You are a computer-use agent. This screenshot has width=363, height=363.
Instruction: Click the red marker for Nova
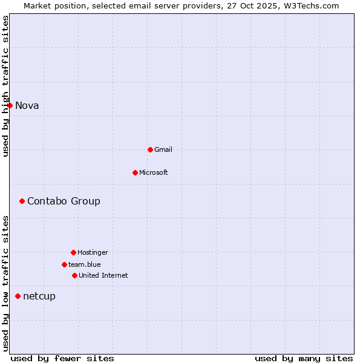click(10, 106)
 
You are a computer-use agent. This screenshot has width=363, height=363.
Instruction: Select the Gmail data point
click(150, 149)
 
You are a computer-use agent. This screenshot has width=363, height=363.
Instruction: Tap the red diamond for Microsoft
click(135, 172)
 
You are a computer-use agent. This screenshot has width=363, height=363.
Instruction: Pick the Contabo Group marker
click(22, 201)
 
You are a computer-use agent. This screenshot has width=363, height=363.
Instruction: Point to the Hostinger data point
click(73, 252)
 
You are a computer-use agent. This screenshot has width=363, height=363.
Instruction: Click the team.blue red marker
click(64, 264)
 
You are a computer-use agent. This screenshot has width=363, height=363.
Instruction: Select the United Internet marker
click(74, 275)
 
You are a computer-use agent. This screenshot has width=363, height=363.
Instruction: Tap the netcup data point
click(18, 296)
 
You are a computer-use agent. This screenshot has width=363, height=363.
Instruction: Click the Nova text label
click(27, 106)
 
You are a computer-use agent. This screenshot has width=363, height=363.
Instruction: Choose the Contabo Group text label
click(64, 201)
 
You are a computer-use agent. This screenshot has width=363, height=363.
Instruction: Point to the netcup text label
click(39, 296)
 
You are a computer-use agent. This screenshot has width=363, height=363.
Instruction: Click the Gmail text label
click(163, 149)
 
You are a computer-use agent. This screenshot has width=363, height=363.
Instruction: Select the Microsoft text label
click(154, 172)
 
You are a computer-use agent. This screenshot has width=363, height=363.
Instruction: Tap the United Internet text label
click(103, 275)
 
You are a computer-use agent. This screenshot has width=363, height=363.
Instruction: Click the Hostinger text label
click(93, 252)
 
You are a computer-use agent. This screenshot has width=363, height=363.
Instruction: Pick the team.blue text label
click(85, 264)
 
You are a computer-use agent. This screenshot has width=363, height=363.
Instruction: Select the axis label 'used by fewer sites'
click(62, 358)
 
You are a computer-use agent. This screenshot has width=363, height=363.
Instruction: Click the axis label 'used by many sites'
click(304, 358)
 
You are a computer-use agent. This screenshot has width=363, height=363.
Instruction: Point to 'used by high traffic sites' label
click(5, 86)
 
